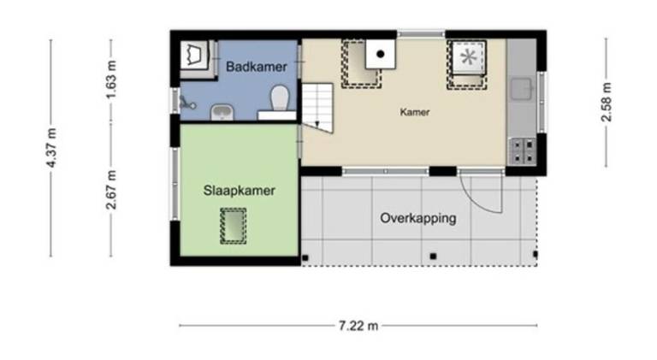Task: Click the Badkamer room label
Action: click(257, 67)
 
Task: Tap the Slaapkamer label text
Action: click(240, 191)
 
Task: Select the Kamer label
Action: click(414, 112)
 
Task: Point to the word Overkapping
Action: click(418, 219)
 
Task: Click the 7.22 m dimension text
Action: click(358, 325)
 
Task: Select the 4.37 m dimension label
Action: click(51, 148)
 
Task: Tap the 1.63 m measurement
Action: click(111, 80)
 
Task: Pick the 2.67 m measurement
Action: click(111, 190)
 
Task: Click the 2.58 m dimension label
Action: click(607, 103)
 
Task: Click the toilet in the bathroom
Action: click(280, 98)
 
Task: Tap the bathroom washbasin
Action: click(222, 112)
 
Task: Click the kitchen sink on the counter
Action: click(522, 89)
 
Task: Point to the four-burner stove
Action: click(523, 151)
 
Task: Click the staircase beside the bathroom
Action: click(317, 108)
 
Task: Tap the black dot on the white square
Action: click(381, 54)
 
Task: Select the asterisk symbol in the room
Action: click(469, 57)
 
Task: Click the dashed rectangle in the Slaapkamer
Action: click(234, 226)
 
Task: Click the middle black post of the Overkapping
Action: click(433, 257)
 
